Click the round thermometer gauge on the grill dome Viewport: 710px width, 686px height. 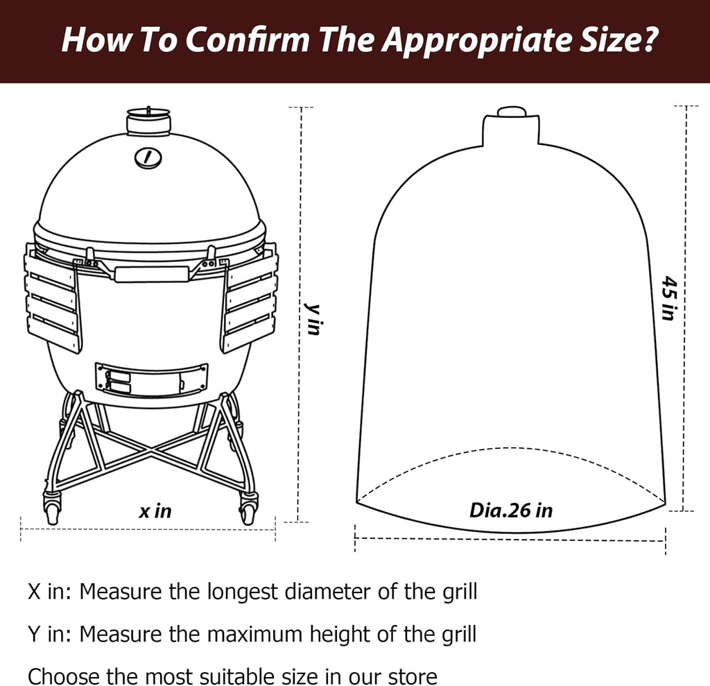coord(148,157)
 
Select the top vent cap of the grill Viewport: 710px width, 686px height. coord(148,122)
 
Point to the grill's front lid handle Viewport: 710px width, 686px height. coord(151,273)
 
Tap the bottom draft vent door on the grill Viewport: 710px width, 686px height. coord(152,377)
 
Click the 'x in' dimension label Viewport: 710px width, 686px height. coord(155,512)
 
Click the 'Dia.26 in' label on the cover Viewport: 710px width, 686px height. coord(511,511)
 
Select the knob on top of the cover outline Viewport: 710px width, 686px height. coord(512,112)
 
